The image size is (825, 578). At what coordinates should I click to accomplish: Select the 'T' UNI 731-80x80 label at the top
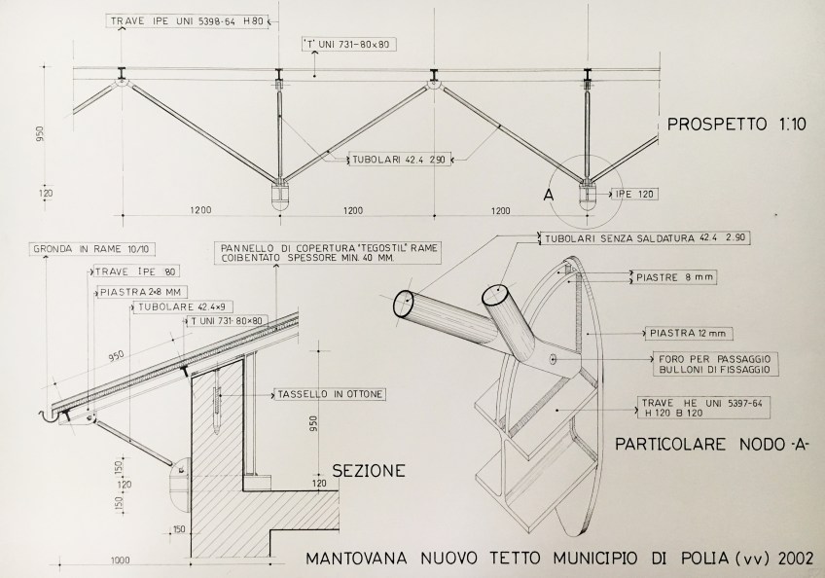[347, 44]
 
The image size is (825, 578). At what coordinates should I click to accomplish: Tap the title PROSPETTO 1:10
[736, 125]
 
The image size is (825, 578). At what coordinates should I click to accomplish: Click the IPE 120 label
[634, 195]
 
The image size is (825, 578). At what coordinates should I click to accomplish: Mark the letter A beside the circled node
[549, 195]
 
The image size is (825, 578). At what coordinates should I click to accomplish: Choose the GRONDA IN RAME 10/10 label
[93, 249]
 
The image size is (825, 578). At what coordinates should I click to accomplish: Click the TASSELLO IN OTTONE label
[330, 394]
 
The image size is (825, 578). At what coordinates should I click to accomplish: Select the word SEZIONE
[369, 470]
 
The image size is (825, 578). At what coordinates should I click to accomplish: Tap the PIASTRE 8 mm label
[675, 277]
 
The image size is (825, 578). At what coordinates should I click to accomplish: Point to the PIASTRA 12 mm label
[688, 333]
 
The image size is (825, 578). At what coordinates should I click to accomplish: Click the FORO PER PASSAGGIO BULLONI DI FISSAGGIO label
[714, 364]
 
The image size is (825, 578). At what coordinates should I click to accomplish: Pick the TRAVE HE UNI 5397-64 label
[700, 403]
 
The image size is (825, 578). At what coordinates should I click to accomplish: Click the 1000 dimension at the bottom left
[121, 560]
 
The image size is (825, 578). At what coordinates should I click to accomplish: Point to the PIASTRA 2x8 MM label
[142, 292]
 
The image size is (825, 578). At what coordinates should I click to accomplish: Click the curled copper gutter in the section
[49, 415]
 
